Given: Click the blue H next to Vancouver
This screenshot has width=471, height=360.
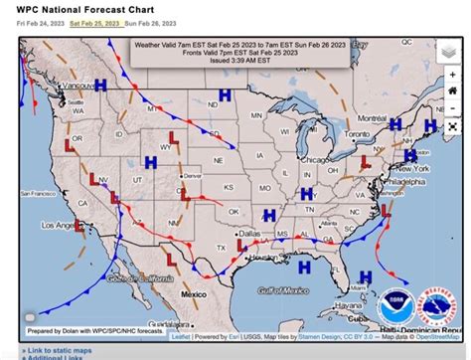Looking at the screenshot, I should tap(100, 86).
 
